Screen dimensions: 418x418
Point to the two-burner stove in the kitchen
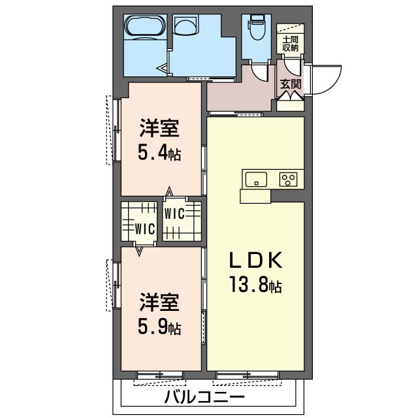pyautogui.click(x=288, y=178)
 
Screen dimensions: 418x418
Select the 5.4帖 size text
pyautogui.click(x=159, y=153)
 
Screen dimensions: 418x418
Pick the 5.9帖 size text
pyautogui.click(x=159, y=325)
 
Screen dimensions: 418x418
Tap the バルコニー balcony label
pyautogui.click(x=204, y=396)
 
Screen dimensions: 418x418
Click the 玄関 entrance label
pyautogui.click(x=289, y=84)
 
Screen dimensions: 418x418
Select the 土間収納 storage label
pyautogui.click(x=289, y=43)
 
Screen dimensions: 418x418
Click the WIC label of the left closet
pyautogui.click(x=144, y=229)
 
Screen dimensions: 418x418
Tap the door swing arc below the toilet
pyautogui.click(x=261, y=72)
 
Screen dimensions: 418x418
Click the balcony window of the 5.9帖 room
pyautogui.click(x=161, y=376)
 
